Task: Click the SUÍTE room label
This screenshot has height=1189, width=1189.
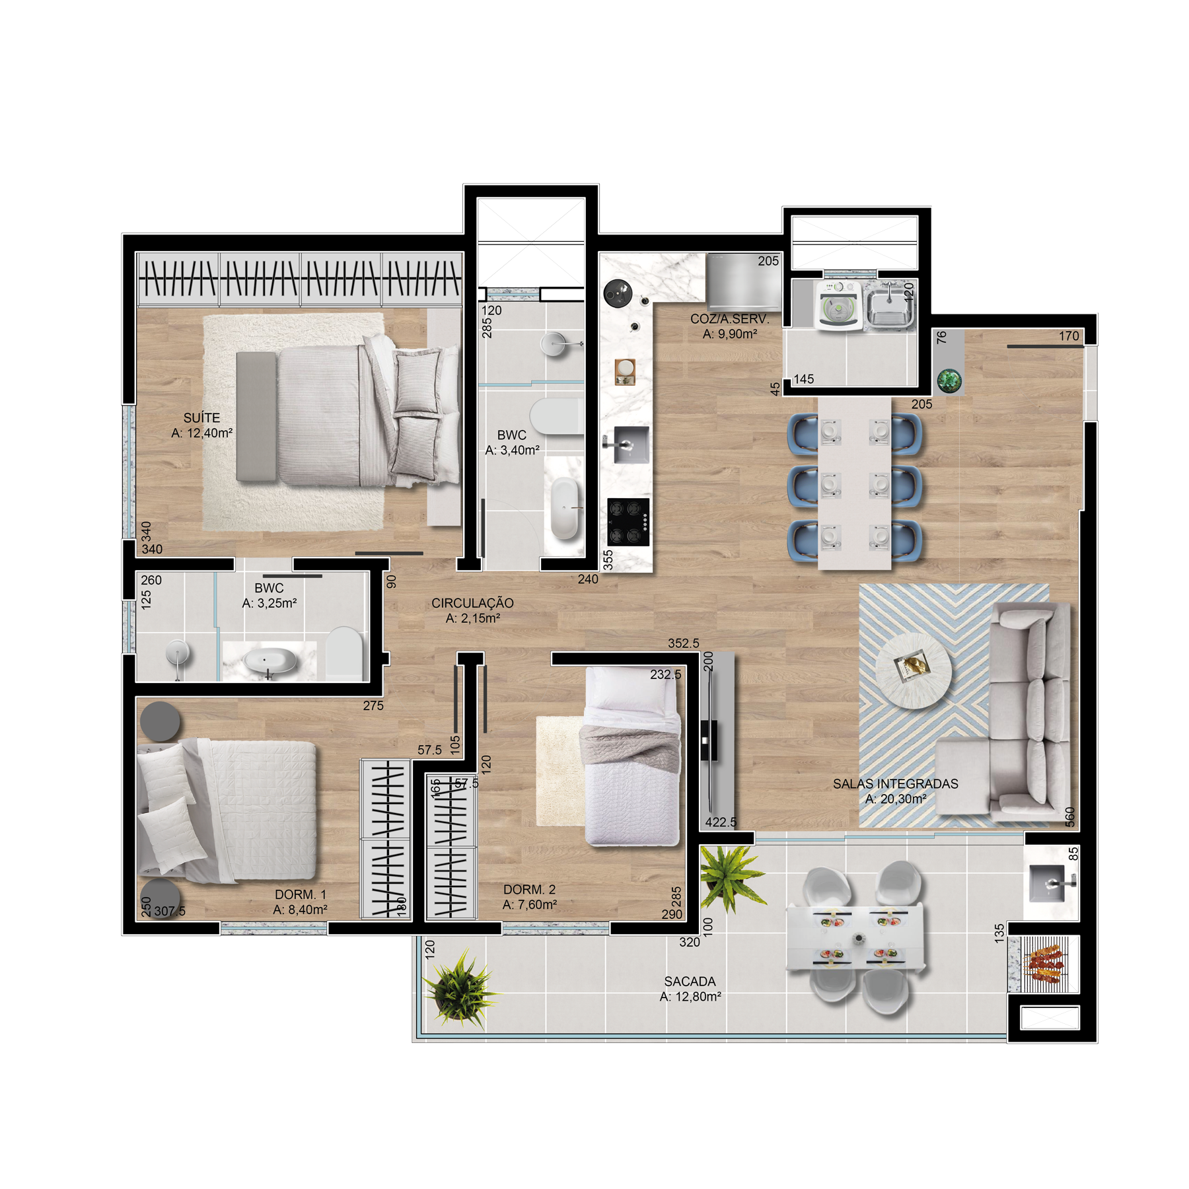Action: [201, 418]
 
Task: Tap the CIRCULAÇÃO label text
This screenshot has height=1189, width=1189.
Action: [472, 603]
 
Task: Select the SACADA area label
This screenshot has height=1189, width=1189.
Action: [690, 982]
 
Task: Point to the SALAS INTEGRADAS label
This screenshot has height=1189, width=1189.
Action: [895, 784]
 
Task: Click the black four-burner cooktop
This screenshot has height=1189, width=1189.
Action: [628, 522]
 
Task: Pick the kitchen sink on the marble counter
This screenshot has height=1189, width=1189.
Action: [630, 445]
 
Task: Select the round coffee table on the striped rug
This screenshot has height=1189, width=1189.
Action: [914, 670]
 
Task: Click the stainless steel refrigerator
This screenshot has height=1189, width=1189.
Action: [744, 282]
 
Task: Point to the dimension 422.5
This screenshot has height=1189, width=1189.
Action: [720, 822]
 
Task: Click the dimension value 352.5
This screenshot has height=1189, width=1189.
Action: [683, 643]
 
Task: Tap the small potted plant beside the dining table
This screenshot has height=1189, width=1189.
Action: [949, 380]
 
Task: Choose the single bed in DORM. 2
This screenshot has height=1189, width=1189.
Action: [633, 756]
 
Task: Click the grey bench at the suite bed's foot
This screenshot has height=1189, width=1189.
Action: [256, 417]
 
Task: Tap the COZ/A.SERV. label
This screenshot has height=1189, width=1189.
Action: [729, 319]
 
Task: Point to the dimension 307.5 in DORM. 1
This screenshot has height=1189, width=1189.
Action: [170, 912]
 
